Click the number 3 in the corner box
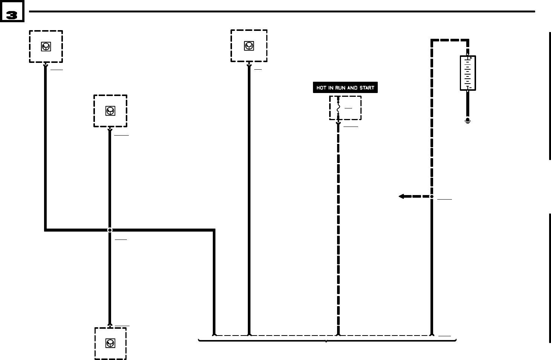coord(12,15)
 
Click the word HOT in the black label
coord(321,88)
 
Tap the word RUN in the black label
coord(340,88)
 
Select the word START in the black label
coord(367,88)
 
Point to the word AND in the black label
coord(353,88)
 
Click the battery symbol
coord(468,73)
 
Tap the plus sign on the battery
coord(471,58)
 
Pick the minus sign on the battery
coord(470,88)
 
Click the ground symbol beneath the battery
coord(468,121)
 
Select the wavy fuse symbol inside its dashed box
coord(338,108)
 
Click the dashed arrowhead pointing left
coord(401,196)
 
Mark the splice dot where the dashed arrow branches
coord(432,196)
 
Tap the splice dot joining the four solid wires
coord(110,230)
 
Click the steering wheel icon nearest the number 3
coord(46,47)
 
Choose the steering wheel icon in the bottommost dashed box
coord(110,343)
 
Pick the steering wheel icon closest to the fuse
coord(249,46)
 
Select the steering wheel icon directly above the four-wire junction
coord(110,111)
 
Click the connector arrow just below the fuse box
coord(338,124)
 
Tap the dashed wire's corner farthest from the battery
coord(432,40)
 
